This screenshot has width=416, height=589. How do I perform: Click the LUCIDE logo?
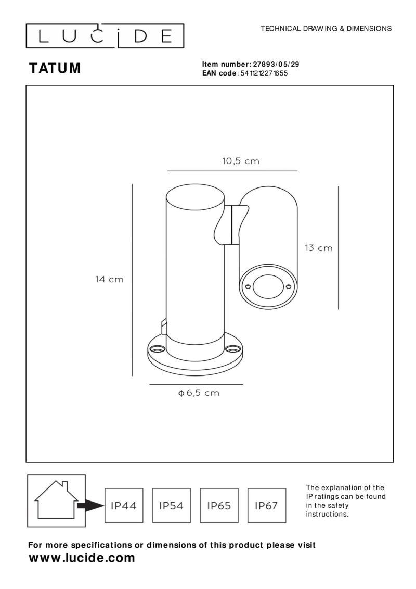pyautogui.click(x=105, y=36)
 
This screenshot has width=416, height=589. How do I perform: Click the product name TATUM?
pyautogui.click(x=55, y=69)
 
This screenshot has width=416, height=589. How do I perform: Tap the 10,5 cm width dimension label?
pyautogui.click(x=241, y=161)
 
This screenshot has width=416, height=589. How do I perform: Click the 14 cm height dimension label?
pyautogui.click(x=109, y=279)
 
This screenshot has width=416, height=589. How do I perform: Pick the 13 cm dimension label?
pyautogui.click(x=318, y=248)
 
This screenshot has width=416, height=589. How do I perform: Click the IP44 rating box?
pyautogui.click(x=124, y=505)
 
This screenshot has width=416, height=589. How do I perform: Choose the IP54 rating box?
pyautogui.click(x=171, y=505)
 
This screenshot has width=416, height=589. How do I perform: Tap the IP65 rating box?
pyautogui.click(x=219, y=505)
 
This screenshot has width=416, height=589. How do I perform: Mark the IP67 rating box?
pyautogui.click(x=266, y=505)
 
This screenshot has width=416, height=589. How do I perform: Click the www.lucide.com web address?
pyautogui.click(x=82, y=558)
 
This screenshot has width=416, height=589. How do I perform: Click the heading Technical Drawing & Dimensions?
pyautogui.click(x=326, y=29)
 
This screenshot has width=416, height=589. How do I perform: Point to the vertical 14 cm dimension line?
pyautogui.click(x=133, y=279)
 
